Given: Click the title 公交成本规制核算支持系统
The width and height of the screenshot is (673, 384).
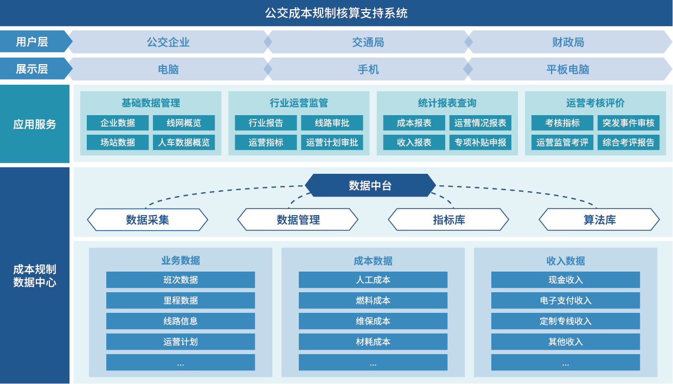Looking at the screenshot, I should point(336,13).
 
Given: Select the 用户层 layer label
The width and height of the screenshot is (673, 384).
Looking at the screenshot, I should point(32,42).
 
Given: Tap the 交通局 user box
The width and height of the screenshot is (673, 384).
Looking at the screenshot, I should point(368,42).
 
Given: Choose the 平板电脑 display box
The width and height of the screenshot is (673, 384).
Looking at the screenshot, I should point(567,69).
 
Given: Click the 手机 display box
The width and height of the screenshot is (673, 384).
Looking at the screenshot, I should point(368,69).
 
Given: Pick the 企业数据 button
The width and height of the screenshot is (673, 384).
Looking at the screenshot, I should point(118,123).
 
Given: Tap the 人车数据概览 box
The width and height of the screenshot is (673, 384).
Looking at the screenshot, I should point(184,142).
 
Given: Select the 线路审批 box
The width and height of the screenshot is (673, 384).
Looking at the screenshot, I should point(332,123).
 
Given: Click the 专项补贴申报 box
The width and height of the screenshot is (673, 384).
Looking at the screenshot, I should point(480,142).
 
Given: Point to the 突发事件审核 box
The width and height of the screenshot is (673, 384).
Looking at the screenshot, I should point(628,123).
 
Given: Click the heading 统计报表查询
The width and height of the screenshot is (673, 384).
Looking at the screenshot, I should point(447,103).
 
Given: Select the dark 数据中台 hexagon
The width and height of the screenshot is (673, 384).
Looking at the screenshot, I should point(370,186).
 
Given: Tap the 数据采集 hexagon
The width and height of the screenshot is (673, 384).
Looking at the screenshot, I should point(148,219).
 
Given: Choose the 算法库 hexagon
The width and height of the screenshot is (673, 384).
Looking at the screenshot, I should point(599,219).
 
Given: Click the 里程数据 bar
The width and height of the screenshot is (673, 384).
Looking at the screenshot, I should point(181,300).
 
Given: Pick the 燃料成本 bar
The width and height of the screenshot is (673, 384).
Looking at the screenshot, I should point(373,300).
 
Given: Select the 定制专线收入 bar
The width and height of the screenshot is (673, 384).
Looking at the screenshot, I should point(566,321).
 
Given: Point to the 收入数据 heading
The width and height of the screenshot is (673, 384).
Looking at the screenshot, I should point(566,261).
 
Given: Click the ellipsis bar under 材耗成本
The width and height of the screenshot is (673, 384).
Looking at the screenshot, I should point(373,362).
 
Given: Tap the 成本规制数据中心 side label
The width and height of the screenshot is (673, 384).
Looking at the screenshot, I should point(35,275).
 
